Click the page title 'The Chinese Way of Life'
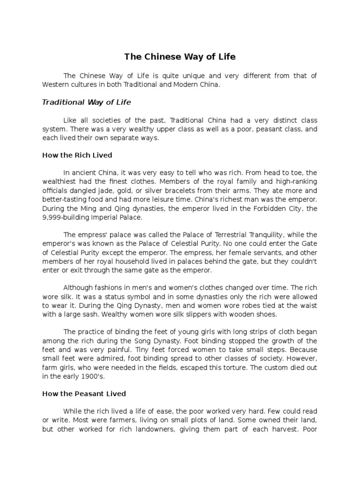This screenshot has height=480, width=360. pyautogui.click(x=180, y=57)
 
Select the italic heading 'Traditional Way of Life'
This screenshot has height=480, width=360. pyautogui.click(x=87, y=102)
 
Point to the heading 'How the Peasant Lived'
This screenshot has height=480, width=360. pyautogui.click(x=84, y=394)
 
